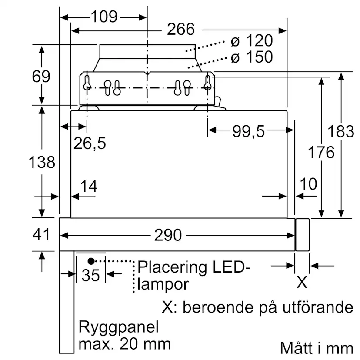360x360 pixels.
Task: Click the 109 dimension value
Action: (x=104, y=17)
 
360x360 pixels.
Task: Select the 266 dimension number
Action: (x=181, y=29)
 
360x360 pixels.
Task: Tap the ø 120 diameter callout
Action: (x=252, y=41)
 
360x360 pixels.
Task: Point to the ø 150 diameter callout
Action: (x=252, y=57)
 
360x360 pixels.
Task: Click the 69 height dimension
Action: (x=41, y=77)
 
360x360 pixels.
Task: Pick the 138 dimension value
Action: (x=42, y=162)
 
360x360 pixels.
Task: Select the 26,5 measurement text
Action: (x=90, y=143)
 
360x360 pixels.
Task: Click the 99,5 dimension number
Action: (x=249, y=131)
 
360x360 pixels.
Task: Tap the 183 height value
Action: (x=341, y=131)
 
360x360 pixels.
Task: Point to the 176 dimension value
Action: (x=321, y=152)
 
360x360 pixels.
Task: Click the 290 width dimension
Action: (x=168, y=235)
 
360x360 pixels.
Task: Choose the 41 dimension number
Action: (x=41, y=234)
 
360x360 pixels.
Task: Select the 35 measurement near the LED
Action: (x=91, y=275)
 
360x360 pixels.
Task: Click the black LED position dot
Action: (x=91, y=261)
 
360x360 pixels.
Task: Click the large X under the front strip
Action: (x=302, y=283)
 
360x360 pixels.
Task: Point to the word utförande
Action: (x=318, y=307)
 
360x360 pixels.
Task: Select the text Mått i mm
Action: (x=317, y=348)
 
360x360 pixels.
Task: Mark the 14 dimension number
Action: (x=89, y=186)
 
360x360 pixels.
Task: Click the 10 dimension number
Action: (x=309, y=184)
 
